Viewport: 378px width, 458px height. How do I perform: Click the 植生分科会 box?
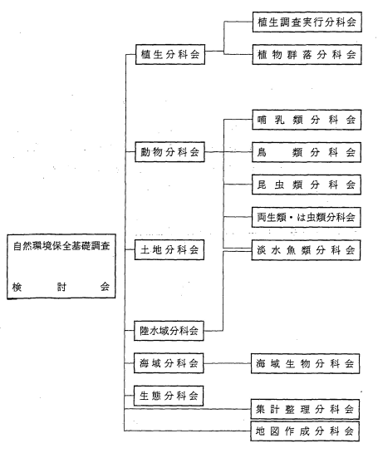pos(170,54)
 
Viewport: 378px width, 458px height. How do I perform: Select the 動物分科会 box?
pos(169,152)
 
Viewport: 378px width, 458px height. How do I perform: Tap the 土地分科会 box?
pos(169,249)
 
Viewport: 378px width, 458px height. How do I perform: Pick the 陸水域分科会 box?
pos(169,331)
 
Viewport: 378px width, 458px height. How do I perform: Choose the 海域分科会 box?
pos(169,363)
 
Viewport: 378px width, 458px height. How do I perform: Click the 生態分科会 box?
pos(169,396)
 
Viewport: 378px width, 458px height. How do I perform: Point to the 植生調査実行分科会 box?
pos(307,22)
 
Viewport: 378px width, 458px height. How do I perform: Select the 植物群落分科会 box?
pos(307,55)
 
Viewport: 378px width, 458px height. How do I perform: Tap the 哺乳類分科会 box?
pos(307,120)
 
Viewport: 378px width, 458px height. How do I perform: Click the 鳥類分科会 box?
pos(307,152)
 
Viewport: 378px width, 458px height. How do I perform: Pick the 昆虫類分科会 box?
pos(307,185)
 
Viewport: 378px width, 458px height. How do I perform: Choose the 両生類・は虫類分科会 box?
pos(307,217)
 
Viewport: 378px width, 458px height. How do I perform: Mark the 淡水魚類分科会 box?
pos(307,250)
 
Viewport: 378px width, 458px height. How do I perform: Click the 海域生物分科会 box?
pos(306,363)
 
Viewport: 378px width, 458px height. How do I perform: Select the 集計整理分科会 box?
pos(305,409)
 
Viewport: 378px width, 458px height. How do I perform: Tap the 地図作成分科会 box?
pos(305,431)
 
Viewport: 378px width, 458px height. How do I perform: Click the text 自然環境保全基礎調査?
pos(61,246)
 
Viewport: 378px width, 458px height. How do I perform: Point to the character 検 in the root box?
pos(17,287)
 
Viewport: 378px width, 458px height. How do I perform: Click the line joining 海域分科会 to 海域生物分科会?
pos(228,363)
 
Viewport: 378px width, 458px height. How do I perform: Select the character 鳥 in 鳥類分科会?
pos(262,152)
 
